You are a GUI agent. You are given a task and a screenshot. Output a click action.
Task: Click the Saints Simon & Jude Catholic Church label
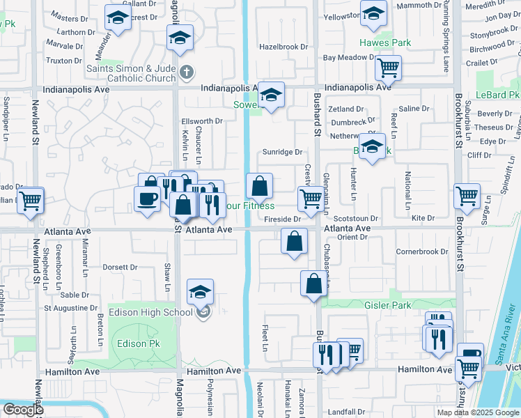coord(131,73)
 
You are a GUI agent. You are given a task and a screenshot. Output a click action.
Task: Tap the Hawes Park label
coord(386,42)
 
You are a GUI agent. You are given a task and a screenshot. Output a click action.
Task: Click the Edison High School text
coord(150,312)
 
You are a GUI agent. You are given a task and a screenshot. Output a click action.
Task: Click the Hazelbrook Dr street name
coord(283,47)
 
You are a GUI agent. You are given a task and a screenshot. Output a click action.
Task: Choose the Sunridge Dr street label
coord(283,152)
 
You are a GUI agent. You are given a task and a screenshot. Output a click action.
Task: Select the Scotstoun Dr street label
coord(359,219)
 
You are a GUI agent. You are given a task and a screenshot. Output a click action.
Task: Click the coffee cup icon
coord(147,199)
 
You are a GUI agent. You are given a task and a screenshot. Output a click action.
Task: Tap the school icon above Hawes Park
coord(374,14)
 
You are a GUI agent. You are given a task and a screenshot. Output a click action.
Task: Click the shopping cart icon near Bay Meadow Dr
coord(388,68)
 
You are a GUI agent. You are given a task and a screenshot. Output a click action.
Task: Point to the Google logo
coord(23,410)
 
